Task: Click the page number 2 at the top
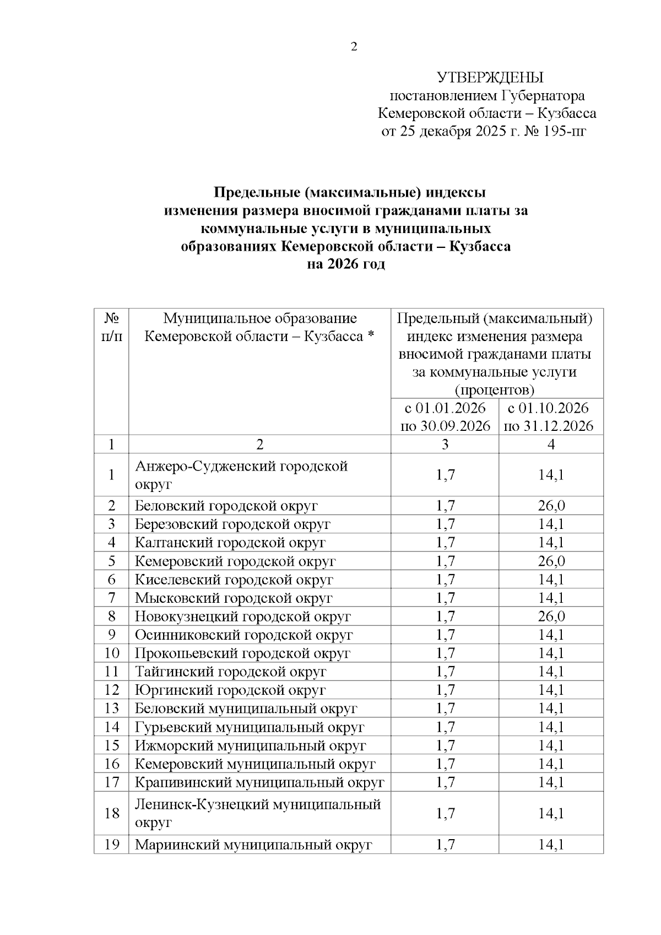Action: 354,47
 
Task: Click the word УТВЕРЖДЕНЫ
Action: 490,77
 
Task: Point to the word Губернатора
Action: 543,96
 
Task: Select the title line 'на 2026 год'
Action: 345,264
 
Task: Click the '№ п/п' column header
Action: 112,327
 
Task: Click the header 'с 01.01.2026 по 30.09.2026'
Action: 445,417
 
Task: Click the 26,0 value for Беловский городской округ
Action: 551,506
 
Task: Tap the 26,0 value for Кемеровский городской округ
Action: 551,561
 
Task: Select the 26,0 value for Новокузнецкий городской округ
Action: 551,616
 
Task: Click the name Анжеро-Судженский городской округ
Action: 241,475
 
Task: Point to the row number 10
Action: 112,653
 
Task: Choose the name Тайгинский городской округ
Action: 231,672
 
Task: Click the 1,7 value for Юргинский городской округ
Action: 445,690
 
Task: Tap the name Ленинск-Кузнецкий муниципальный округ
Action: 258,813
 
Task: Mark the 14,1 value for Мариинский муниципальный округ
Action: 551,845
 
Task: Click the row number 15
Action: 112,745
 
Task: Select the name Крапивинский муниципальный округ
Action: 259,782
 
